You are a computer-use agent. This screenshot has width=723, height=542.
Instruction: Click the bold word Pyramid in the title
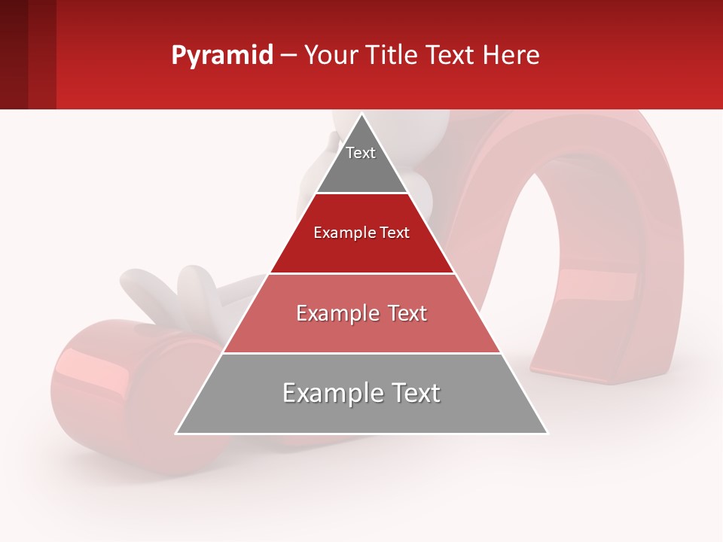point(221,55)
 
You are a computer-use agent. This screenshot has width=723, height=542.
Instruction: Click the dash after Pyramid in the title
point(288,56)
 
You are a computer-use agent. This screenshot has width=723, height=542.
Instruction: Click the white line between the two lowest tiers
point(361,353)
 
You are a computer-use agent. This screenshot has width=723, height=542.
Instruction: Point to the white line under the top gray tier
point(361,193)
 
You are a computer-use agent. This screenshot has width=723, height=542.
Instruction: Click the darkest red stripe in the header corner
point(14,54)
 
